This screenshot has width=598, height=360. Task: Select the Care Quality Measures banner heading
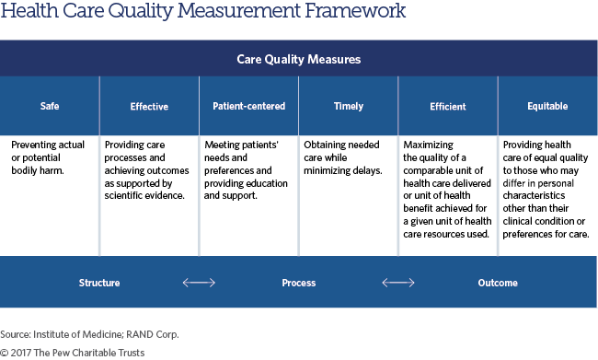tap(298, 59)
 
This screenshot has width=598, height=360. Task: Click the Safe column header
tap(50, 107)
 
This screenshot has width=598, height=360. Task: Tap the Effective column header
tap(149, 107)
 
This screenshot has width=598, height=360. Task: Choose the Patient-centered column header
tap(248, 107)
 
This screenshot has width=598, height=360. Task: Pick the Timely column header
tap(348, 107)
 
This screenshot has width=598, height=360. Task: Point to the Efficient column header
tap(447, 107)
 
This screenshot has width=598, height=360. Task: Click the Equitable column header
tap(547, 107)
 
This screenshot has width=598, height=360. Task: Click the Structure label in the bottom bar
tap(98, 283)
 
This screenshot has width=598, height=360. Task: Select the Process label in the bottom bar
tap(298, 283)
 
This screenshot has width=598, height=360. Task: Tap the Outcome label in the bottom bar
tap(497, 283)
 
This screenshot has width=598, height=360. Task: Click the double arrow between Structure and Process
tap(199, 283)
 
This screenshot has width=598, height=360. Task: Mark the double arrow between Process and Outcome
tap(397, 283)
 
